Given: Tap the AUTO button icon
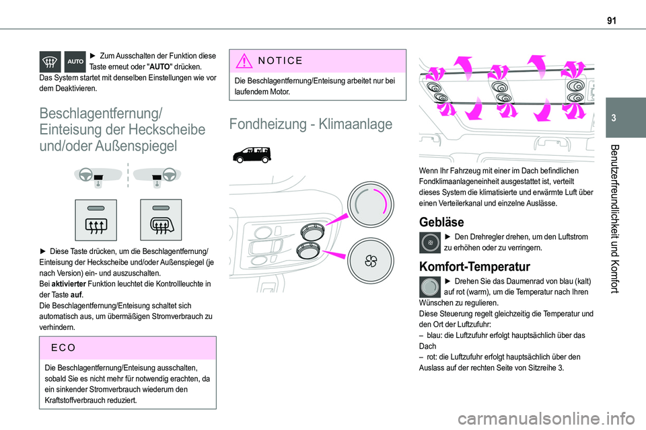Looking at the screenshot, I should pos(76,61).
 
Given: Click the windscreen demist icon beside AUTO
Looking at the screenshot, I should pos(52,61).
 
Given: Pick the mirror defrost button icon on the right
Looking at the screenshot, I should pos(161,219).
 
